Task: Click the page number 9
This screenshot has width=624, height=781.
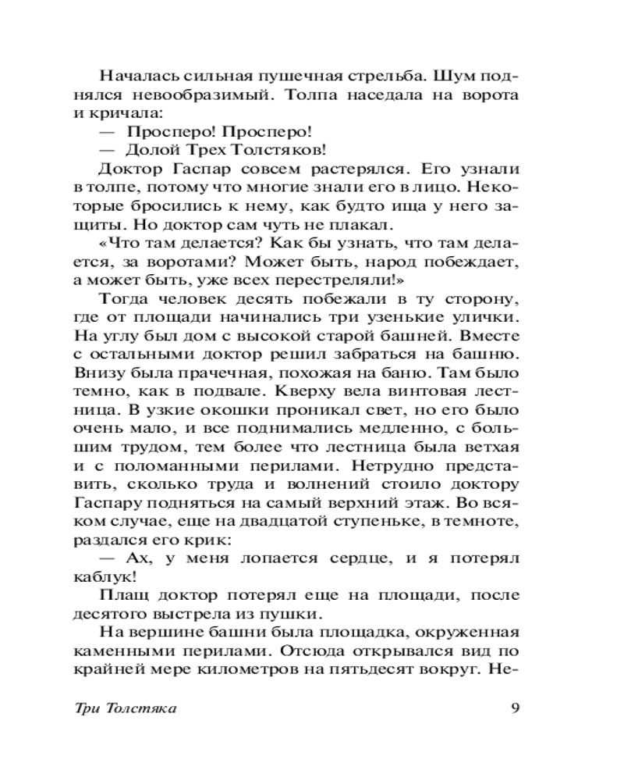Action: (514, 709)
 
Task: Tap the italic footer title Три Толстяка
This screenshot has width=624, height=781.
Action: (123, 709)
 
